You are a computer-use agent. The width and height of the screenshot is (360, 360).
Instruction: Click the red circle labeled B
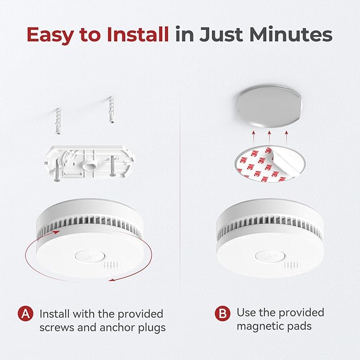(222, 313)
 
